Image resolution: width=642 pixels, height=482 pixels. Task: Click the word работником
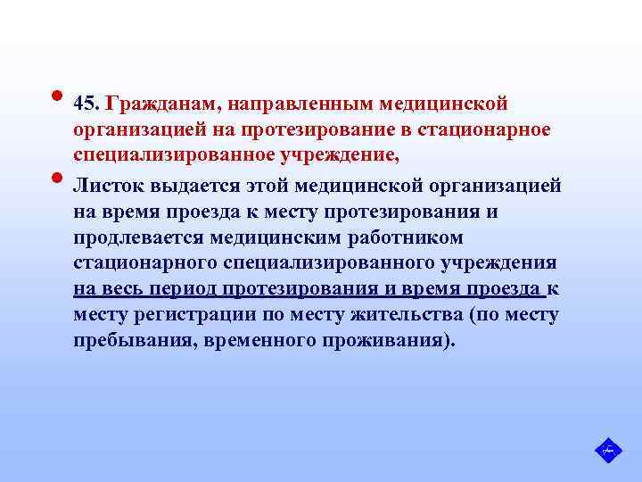pyautogui.click(x=407, y=238)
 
